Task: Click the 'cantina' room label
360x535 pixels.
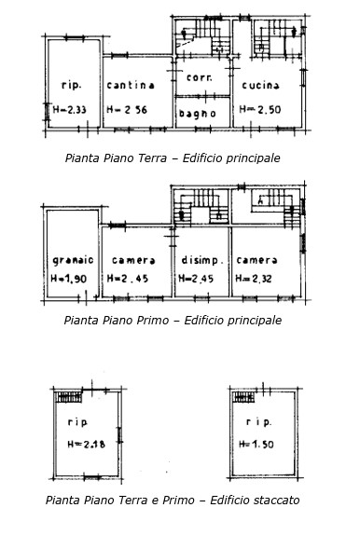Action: (131, 86)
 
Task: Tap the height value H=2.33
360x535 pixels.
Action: (72, 109)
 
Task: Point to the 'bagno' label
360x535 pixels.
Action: (198, 114)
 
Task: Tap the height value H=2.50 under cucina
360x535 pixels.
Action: (259, 109)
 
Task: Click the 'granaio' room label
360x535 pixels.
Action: (71, 260)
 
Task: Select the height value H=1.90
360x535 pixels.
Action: (71, 278)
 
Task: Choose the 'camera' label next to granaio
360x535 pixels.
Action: (133, 260)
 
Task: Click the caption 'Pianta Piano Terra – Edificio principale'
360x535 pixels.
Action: (173, 158)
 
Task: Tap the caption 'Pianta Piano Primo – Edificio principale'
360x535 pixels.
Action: (173, 321)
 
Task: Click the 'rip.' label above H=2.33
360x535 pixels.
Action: (70, 86)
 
